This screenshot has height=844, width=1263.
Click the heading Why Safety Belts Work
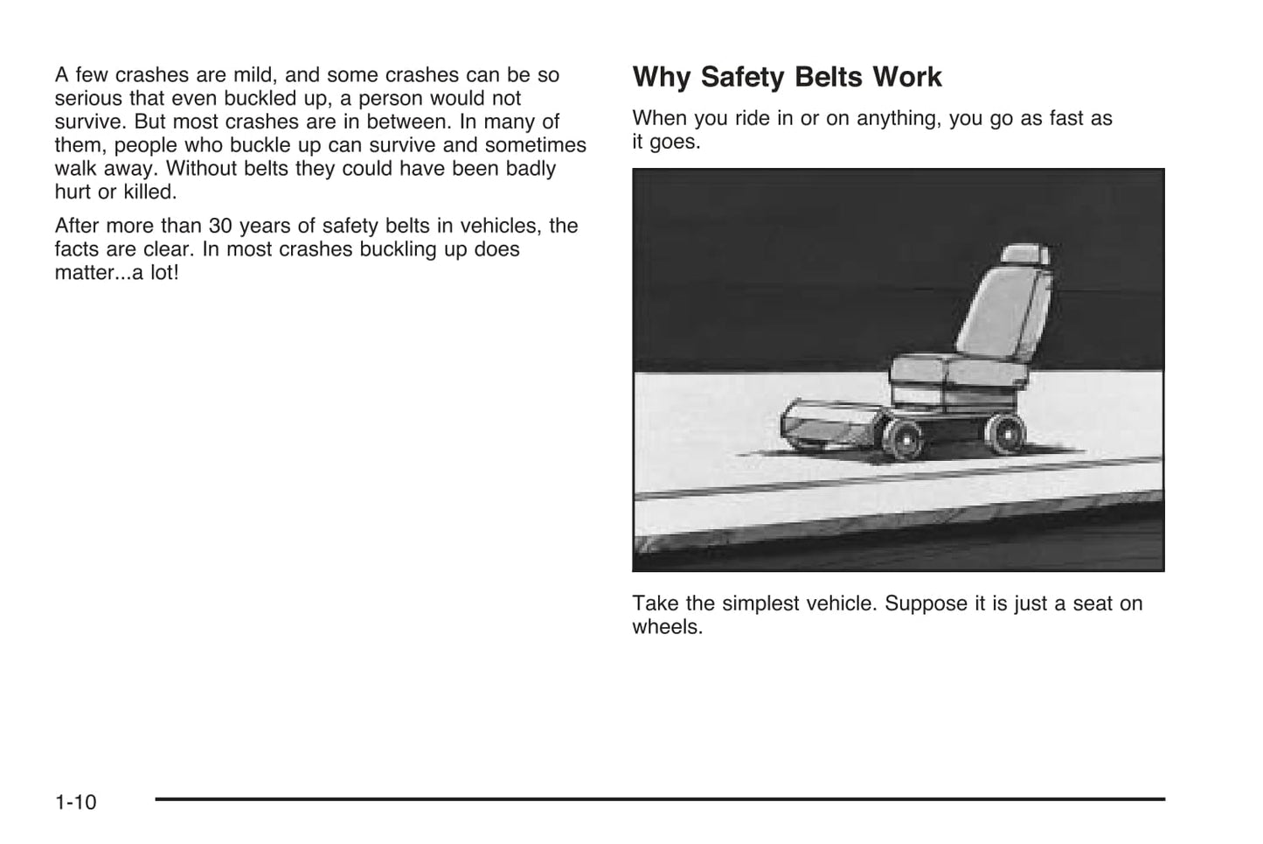coord(787,78)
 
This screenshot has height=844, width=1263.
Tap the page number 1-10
coord(76,802)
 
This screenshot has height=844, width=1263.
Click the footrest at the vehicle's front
coord(817,425)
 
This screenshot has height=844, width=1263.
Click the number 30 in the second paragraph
coord(220,226)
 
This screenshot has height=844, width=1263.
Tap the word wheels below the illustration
coord(667,627)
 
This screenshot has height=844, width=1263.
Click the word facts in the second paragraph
coord(78,249)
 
